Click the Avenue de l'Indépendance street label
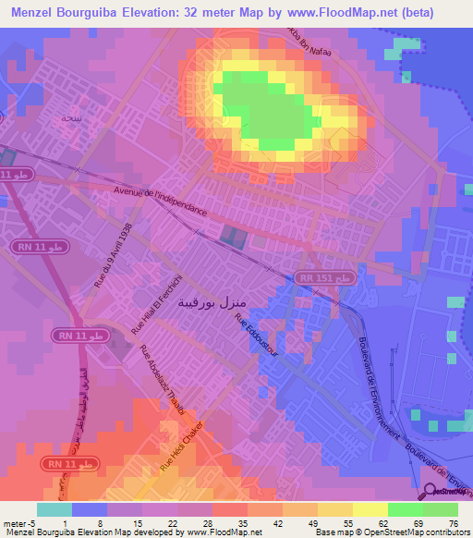(x=160, y=201)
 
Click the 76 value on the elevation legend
(x=453, y=524)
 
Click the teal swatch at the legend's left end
(x=55, y=509)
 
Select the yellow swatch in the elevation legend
(x=370, y=509)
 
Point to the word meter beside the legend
(x=13, y=524)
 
